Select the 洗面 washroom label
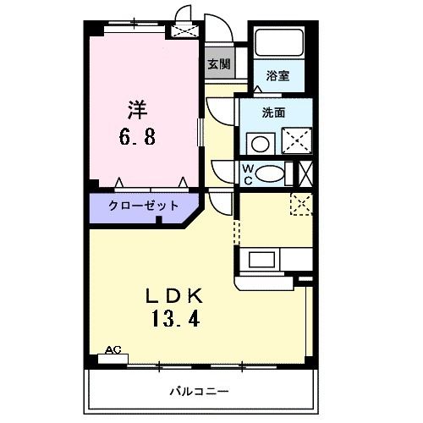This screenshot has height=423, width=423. pos(272,112)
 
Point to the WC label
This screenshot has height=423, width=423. pos(248,173)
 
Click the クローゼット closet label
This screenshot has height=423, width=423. pos(143,206)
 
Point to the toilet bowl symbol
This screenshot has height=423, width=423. pos(271,173)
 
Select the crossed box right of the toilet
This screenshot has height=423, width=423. pos(306,173)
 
